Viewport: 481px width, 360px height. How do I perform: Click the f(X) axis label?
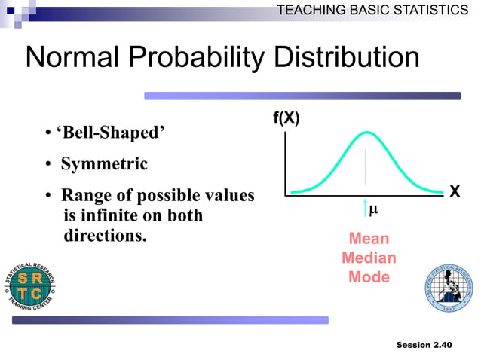(x=286, y=119)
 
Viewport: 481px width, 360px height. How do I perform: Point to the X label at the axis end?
(x=455, y=191)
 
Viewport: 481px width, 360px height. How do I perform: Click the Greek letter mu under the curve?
(x=373, y=210)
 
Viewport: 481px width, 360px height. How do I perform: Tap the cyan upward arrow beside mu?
(x=366, y=209)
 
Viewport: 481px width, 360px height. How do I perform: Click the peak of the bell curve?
(x=366, y=133)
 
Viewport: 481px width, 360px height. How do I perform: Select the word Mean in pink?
(x=369, y=239)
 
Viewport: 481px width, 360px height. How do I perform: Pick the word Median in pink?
(x=369, y=258)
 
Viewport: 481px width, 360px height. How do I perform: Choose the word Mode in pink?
(x=369, y=276)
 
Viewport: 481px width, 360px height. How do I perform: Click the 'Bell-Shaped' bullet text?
(x=110, y=133)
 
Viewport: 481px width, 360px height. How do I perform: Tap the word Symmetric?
(x=104, y=164)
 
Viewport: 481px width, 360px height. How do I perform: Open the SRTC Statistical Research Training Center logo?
(x=32, y=287)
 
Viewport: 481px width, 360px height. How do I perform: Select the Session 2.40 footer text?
(x=424, y=345)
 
